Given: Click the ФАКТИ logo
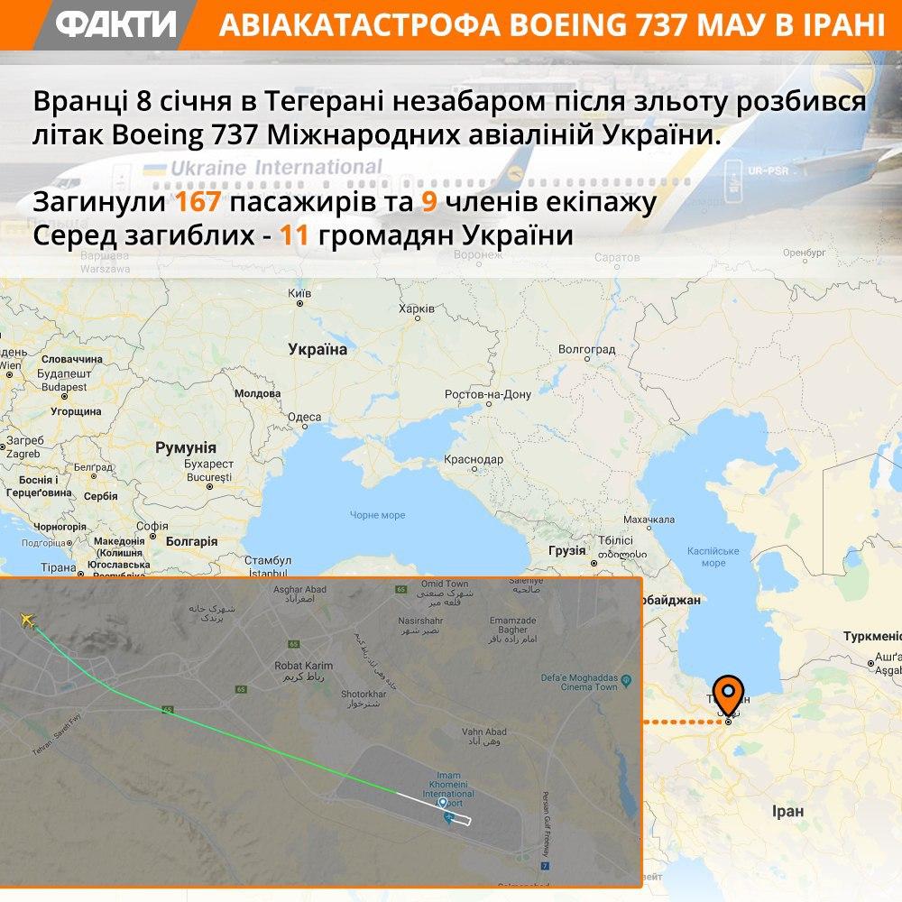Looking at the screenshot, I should [115, 24].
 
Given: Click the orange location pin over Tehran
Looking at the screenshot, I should [728, 694].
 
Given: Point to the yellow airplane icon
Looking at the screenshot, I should [27, 620].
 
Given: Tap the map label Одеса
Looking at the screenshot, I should [304, 417].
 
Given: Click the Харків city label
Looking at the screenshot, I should [416, 308].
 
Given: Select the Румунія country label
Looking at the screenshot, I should [186, 447].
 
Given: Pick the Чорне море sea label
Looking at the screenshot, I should [377, 515].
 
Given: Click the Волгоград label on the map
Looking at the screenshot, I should [586, 349].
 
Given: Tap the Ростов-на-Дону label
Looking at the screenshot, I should [488, 395].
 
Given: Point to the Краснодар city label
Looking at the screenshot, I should [474, 459].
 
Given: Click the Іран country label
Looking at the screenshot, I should [787, 811].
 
